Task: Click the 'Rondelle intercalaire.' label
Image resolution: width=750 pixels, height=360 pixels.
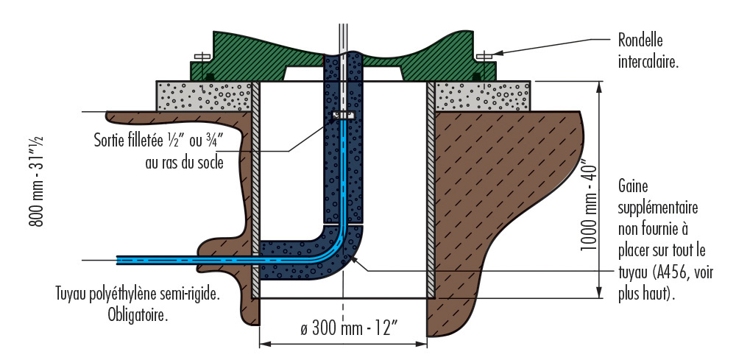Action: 648,50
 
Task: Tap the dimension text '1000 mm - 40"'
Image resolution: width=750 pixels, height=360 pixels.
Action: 587,204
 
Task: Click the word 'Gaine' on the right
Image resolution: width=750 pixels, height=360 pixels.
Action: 634,188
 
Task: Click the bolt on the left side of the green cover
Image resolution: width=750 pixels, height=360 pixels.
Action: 199,57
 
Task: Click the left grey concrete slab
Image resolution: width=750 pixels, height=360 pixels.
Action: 202,96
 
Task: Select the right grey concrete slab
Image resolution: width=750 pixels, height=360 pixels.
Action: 482,96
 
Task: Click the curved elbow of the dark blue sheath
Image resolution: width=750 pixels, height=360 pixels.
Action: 339,254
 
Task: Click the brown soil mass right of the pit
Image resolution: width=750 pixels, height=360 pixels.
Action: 493,191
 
